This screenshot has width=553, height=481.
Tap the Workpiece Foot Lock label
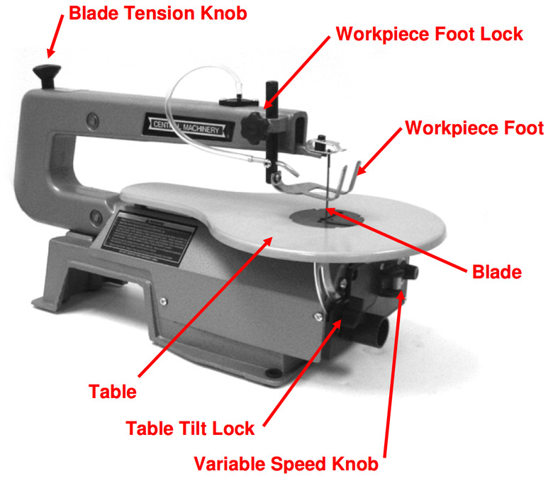click(429, 34)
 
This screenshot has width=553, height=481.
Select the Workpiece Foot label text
click(474, 128)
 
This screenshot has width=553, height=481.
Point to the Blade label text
click(497, 271)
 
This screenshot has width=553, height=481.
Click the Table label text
click(112, 390)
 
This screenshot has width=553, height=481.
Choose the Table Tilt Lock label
click(190, 429)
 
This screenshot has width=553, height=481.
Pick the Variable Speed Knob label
click(286, 465)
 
